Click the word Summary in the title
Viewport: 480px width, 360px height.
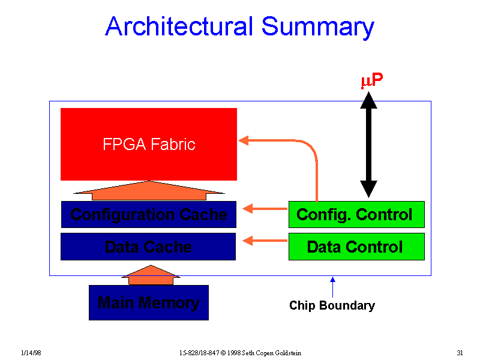[x=317, y=27]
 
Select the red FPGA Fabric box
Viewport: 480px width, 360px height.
[x=149, y=144]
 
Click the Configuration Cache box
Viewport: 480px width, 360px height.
[x=149, y=214]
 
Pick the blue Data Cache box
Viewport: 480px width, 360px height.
[x=148, y=247]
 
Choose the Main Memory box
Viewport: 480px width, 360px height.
[x=148, y=302]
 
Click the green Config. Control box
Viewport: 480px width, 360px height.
[x=356, y=214]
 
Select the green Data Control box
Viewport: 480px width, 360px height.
[x=356, y=247]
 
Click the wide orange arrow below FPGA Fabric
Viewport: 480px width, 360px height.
[x=149, y=190]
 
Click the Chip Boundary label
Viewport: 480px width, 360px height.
[x=332, y=305]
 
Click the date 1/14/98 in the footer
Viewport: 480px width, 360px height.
[x=30, y=351]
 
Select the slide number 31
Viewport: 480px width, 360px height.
[x=460, y=351]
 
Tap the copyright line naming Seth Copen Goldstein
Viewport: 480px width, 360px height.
[x=239, y=351]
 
